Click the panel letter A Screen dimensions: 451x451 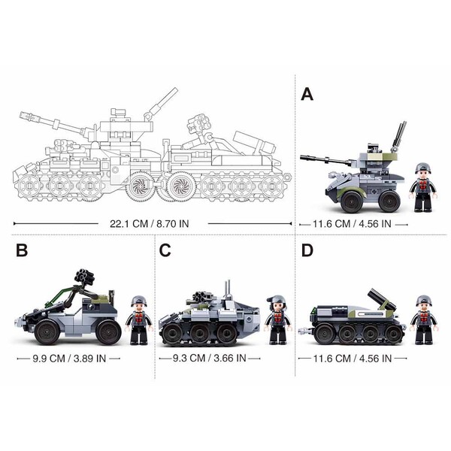tap(307, 95)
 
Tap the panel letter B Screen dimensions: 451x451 tap(22, 250)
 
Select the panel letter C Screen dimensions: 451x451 tap(165, 250)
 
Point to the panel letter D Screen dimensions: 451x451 tap(307, 250)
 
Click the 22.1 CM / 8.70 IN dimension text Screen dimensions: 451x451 tap(150, 223)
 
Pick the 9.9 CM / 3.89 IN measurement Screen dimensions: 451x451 tap(69, 359)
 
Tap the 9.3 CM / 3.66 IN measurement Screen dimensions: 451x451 tap(210, 358)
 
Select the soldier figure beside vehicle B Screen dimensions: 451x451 tap(139, 320)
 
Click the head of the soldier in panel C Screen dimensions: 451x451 tap(277, 304)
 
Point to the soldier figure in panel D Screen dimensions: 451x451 tap(424, 320)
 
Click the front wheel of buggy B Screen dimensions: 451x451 tap(47, 332)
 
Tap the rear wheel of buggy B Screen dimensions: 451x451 tap(108, 332)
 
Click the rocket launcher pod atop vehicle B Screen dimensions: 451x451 tap(85, 276)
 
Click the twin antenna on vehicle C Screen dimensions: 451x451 tap(228, 288)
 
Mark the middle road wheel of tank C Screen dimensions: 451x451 tap(199, 333)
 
